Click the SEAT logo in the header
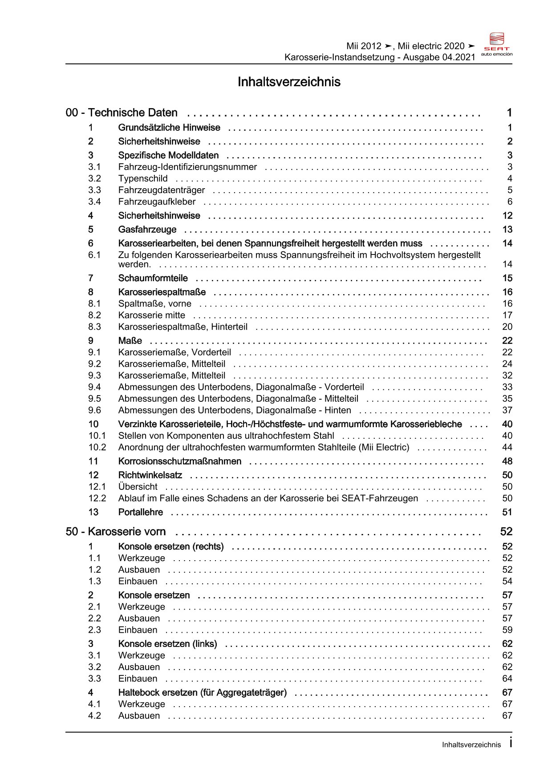click(x=497, y=44)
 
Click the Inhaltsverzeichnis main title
click(x=289, y=82)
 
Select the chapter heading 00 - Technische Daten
click(x=122, y=113)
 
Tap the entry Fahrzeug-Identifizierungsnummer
click(x=187, y=167)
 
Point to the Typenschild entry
click(x=143, y=178)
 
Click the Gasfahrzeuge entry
click(x=147, y=230)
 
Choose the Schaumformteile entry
click(x=153, y=278)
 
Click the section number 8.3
click(x=94, y=327)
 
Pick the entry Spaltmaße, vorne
click(x=154, y=303)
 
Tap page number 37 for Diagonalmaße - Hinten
click(x=507, y=410)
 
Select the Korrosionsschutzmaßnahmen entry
click(x=180, y=461)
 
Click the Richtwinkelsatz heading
click(x=150, y=475)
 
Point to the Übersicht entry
click(x=138, y=487)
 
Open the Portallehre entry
click(x=141, y=512)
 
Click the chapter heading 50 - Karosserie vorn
click(x=116, y=532)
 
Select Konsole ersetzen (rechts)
click(x=171, y=546)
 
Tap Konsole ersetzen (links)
click(x=167, y=644)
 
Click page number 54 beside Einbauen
click(x=507, y=581)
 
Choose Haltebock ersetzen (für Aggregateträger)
click(x=203, y=692)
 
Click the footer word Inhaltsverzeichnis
click(x=471, y=745)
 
